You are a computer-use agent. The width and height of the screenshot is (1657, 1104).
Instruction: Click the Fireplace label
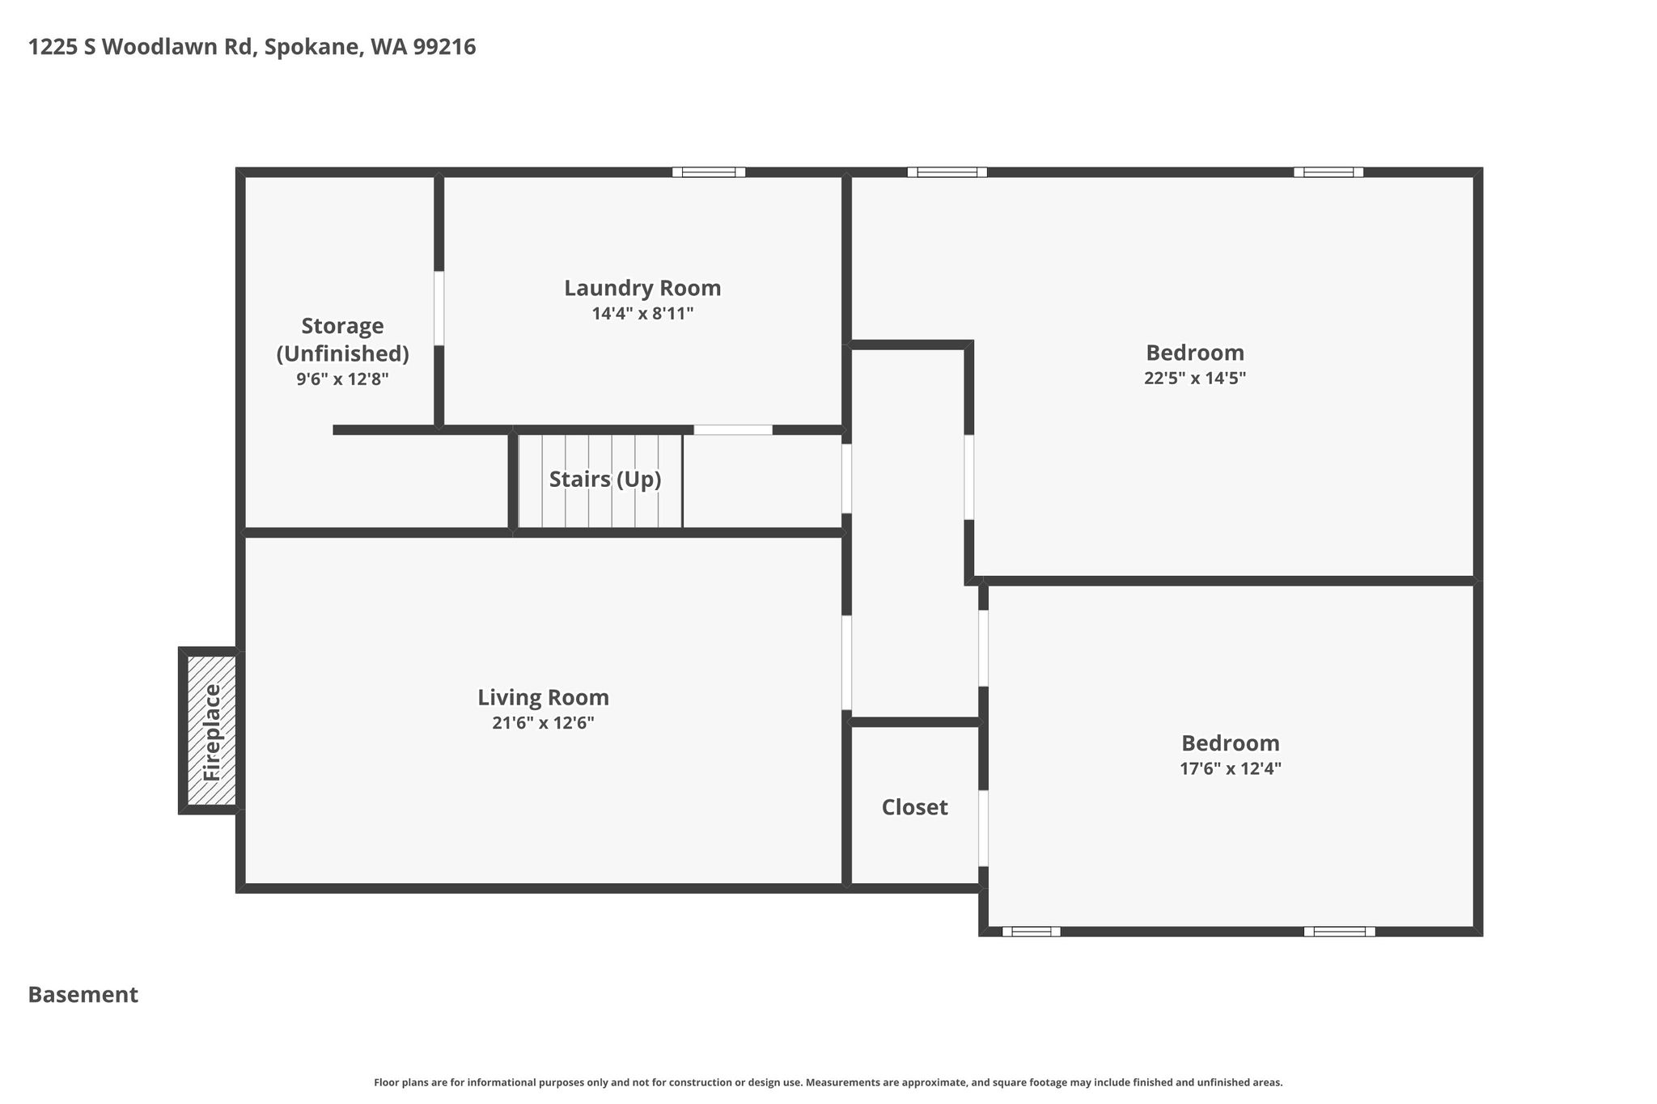click(212, 732)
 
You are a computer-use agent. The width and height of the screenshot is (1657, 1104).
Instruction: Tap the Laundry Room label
click(642, 288)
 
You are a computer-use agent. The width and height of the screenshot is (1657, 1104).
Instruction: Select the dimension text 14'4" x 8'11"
click(642, 314)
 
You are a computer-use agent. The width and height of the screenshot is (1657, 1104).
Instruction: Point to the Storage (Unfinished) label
click(342, 340)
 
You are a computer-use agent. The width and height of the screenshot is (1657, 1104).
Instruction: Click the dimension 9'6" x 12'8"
click(342, 379)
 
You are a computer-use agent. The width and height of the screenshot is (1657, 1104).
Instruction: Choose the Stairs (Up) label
click(605, 480)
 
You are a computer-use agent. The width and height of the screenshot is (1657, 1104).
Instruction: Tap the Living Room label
click(543, 697)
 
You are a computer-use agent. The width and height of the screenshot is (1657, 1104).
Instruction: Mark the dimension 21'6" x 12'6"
click(543, 723)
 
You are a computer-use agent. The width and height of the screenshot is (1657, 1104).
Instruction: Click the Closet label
click(914, 807)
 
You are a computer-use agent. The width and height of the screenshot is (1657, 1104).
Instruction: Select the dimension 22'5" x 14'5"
click(1195, 379)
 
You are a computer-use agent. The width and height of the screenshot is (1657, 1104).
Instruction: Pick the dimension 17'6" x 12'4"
click(1230, 768)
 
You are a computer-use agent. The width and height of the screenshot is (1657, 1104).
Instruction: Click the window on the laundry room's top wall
click(709, 171)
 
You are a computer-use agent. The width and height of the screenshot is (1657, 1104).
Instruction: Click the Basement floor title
click(83, 995)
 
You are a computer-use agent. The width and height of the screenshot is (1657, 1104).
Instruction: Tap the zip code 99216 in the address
click(444, 47)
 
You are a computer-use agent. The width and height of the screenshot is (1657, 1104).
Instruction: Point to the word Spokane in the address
click(312, 48)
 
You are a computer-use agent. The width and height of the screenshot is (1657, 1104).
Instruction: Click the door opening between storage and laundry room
click(439, 308)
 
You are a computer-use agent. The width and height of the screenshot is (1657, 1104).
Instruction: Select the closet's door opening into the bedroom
click(983, 828)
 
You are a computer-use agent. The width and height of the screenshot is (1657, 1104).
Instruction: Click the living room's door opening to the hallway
click(846, 662)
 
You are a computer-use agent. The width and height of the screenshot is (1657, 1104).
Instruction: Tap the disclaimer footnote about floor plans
click(828, 1082)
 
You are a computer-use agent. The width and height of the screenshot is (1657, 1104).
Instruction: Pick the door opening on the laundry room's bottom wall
click(733, 429)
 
